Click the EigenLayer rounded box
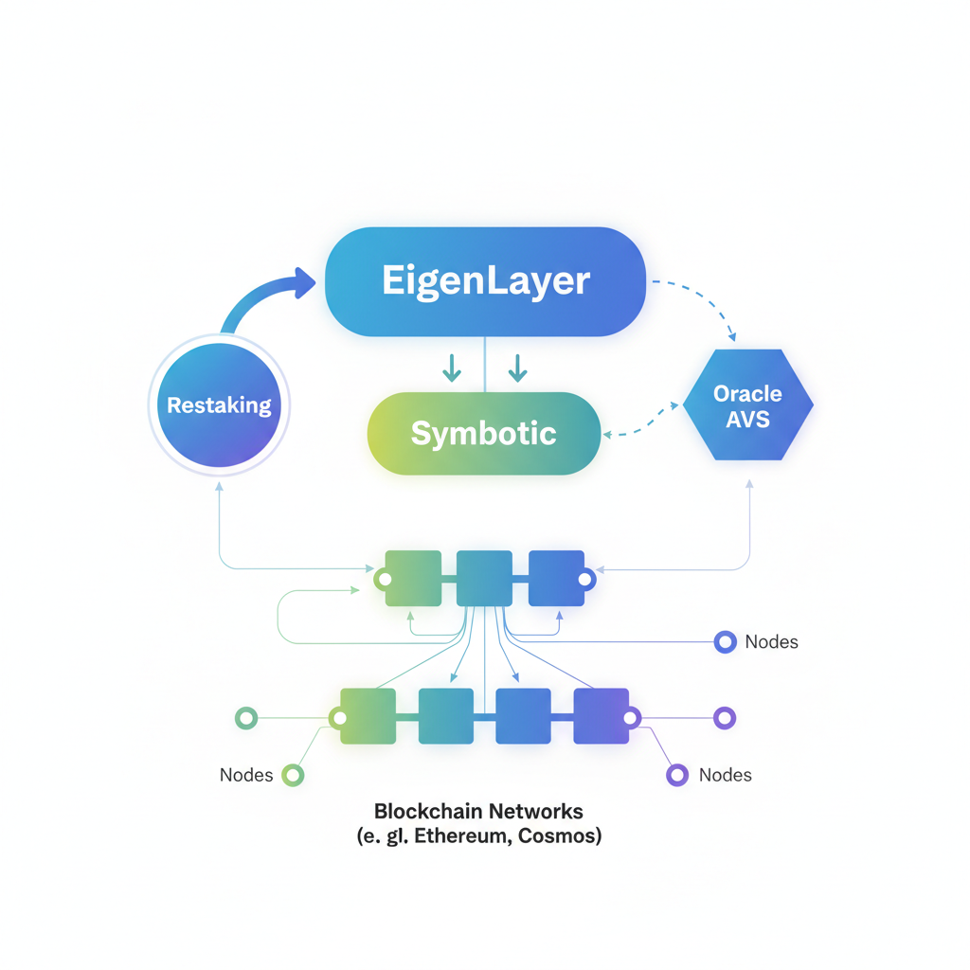click(x=485, y=281)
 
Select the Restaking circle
click(x=219, y=405)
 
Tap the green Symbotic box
click(x=484, y=434)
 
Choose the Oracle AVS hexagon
click(x=747, y=405)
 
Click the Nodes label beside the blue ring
click(x=771, y=642)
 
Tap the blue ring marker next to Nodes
click(x=725, y=642)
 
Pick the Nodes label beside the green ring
click(x=246, y=775)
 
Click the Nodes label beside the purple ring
click(x=725, y=775)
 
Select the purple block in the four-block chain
click(x=602, y=716)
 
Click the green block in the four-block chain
click(x=368, y=716)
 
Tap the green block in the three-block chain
click(x=413, y=578)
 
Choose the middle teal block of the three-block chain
click(x=484, y=578)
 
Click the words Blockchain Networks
click(x=478, y=811)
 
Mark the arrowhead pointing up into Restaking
click(x=219, y=485)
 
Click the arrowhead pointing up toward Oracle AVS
click(x=749, y=484)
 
